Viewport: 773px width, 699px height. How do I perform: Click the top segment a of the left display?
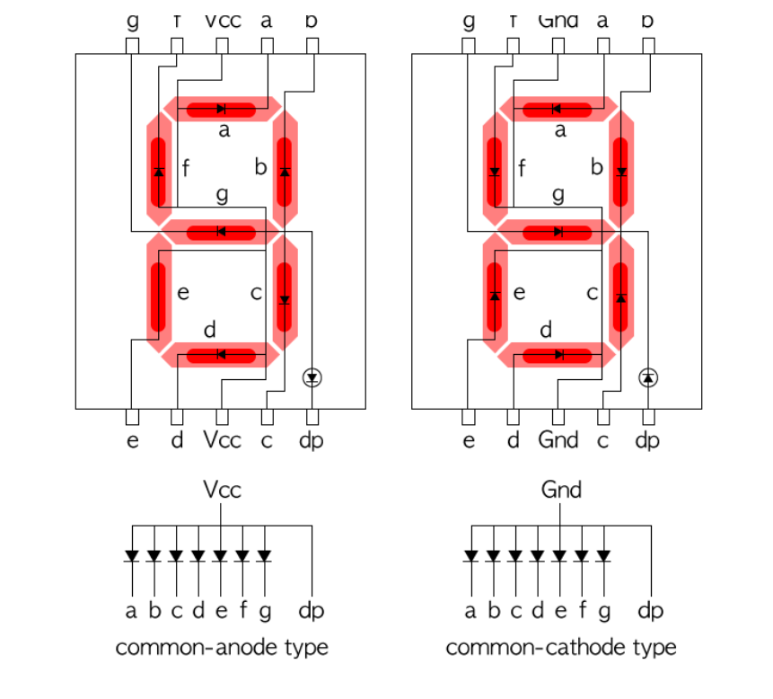221,110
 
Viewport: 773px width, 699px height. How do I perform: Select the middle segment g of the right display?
558,232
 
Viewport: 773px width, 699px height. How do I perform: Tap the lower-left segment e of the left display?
159,296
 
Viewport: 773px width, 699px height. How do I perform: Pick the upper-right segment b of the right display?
620,169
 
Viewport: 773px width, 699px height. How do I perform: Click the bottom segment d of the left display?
221,355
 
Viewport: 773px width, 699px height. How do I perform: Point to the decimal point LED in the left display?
312,377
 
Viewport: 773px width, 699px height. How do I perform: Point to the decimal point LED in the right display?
648,377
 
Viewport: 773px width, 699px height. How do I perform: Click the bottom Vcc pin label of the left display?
222,440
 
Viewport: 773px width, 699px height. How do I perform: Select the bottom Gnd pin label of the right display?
558,440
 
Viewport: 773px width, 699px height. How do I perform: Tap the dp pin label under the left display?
312,440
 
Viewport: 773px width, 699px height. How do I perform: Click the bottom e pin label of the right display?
468,440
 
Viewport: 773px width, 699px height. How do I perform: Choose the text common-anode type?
222,647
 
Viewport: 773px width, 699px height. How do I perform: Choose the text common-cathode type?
561,647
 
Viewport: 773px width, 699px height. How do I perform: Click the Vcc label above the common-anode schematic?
222,490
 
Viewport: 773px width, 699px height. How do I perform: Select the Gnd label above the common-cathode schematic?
561,490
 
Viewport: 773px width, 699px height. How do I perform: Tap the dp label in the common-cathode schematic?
650,611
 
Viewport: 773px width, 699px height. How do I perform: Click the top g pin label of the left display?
132,20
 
